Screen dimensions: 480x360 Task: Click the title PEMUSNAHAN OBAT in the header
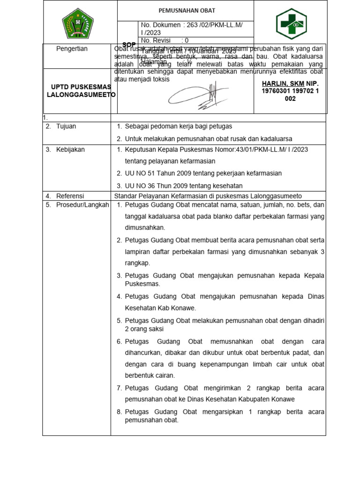pyautogui.click(x=186, y=10)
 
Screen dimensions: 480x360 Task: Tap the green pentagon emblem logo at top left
pyautogui.click(x=78, y=23)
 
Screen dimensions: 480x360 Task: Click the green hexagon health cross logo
pyautogui.click(x=290, y=23)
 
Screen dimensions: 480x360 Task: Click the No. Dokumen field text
pyautogui.click(x=191, y=25)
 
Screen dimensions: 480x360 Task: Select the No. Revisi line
pyautogui.click(x=165, y=40)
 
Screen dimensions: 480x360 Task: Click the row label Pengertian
pyautogui.click(x=72, y=49)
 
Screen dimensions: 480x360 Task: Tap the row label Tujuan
pyautogui.click(x=66, y=127)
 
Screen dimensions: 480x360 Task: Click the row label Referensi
pyautogui.click(x=70, y=196)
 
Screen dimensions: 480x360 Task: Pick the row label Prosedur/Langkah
pyautogui.click(x=82, y=205)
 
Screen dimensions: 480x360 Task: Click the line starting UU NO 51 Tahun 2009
pyautogui.click(x=203, y=173)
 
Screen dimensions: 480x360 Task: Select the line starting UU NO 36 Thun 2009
pyautogui.click(x=184, y=185)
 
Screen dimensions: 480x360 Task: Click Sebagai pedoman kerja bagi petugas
pyautogui.click(x=178, y=127)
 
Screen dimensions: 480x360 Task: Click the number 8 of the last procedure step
pyautogui.click(x=119, y=412)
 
